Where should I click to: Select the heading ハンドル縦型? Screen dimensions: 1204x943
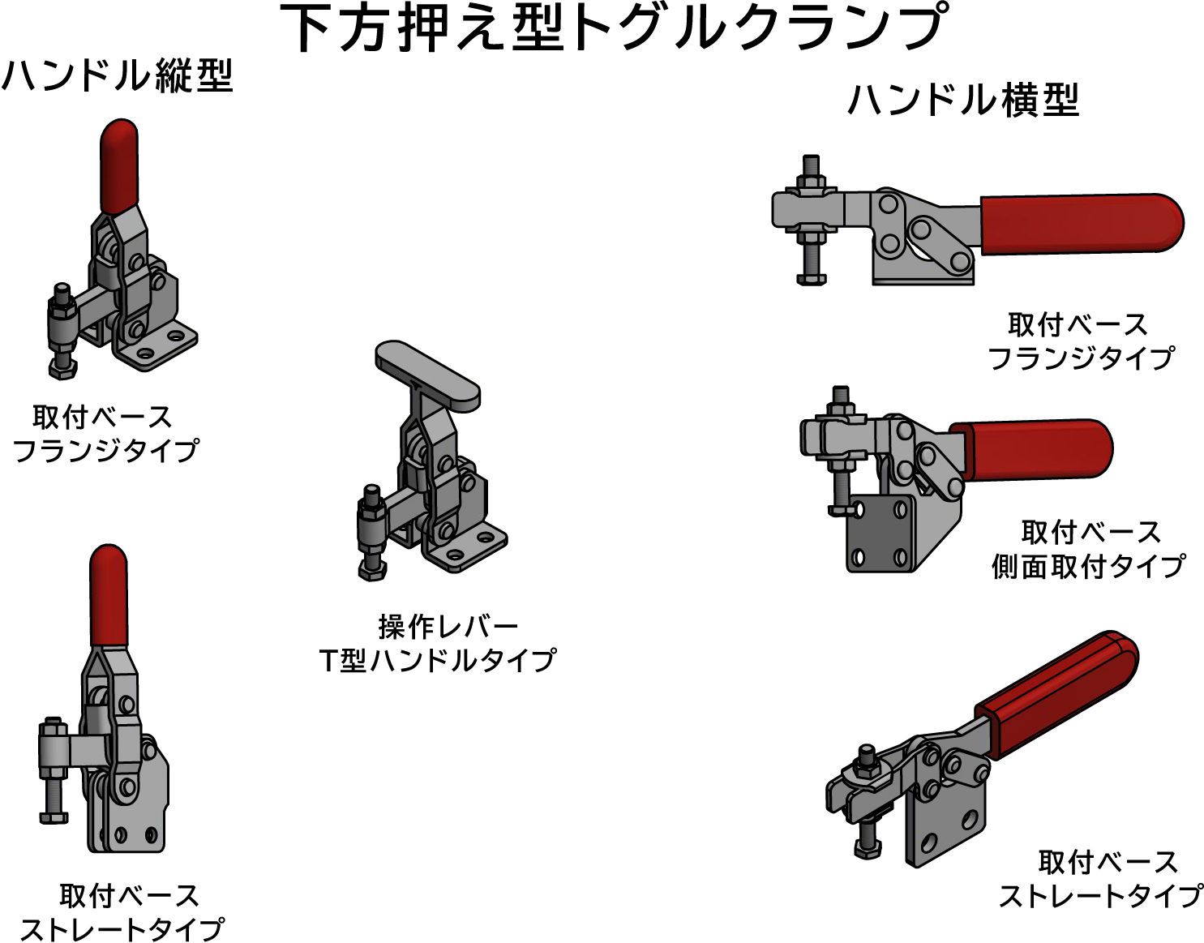tap(117, 75)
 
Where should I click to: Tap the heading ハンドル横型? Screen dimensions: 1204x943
tap(963, 100)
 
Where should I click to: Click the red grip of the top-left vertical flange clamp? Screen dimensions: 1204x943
tap(118, 166)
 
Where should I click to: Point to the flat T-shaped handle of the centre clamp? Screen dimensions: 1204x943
tap(427, 375)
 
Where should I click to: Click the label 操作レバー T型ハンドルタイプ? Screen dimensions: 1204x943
tap(438, 644)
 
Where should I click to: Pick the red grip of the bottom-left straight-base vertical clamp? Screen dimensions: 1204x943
tap(109, 596)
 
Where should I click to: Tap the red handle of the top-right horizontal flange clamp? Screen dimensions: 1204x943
tap(1082, 224)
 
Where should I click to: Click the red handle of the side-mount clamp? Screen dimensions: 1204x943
tap(1031, 448)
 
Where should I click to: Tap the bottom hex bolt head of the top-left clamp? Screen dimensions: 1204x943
tap(62, 370)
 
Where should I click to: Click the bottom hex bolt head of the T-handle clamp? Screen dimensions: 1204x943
tap(372, 571)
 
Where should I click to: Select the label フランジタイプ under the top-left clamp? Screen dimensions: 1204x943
tap(105, 451)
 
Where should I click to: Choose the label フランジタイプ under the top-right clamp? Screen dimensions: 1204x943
tap(1081, 358)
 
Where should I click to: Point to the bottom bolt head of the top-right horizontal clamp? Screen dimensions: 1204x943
tap(811, 279)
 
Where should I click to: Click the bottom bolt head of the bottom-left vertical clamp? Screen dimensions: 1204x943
tap(54, 817)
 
